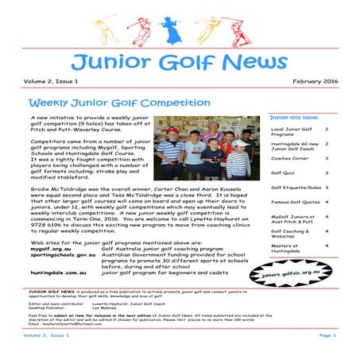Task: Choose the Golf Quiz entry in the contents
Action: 282,172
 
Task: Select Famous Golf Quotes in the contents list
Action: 294,202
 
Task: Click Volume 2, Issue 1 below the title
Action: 48,82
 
